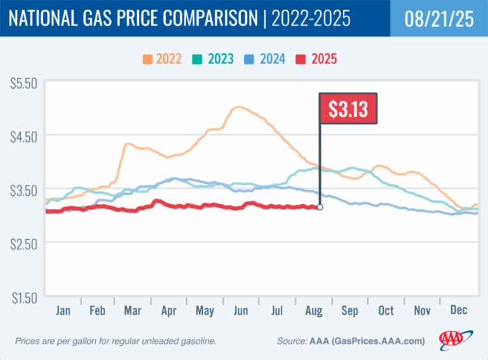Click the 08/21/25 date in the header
click(438, 18)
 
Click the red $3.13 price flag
click(348, 109)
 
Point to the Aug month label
click(313, 311)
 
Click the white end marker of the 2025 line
click(320, 207)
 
